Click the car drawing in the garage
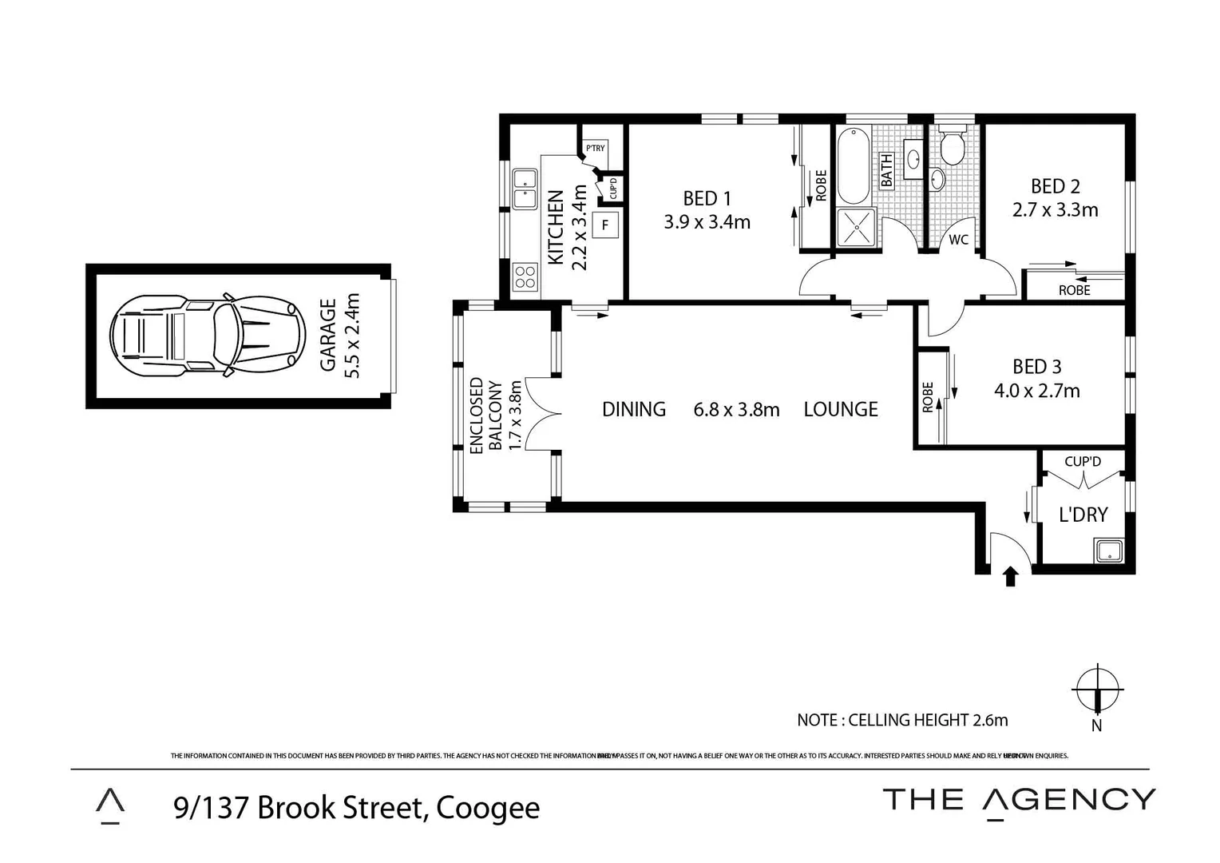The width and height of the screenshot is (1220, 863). (x=208, y=336)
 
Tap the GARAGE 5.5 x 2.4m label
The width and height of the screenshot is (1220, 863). (x=340, y=336)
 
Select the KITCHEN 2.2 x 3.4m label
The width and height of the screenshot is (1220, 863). (x=568, y=228)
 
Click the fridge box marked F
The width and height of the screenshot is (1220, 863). (x=605, y=225)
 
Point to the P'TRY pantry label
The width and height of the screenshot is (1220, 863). (x=595, y=149)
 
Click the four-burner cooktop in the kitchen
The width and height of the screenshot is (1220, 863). (x=525, y=276)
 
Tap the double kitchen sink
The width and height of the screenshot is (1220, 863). (x=525, y=188)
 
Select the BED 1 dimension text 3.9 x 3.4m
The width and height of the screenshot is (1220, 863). (x=707, y=223)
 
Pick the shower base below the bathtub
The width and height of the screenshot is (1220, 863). (x=856, y=227)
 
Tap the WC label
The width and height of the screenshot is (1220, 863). (x=958, y=240)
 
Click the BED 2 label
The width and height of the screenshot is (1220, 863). (x=1055, y=186)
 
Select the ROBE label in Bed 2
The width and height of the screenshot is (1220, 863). (x=1074, y=290)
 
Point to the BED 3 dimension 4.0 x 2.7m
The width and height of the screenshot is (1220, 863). (x=1036, y=391)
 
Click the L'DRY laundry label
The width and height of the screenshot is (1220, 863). (x=1083, y=515)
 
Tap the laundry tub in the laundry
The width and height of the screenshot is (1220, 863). (x=1108, y=551)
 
